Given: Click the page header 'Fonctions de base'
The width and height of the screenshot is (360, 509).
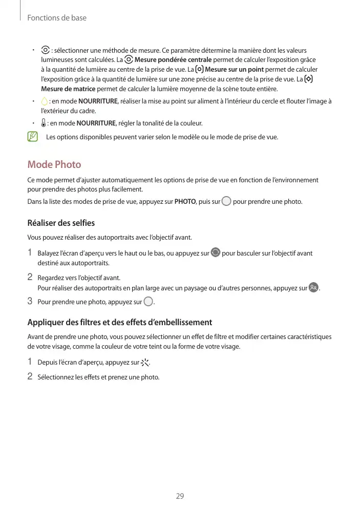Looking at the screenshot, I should point(57,18).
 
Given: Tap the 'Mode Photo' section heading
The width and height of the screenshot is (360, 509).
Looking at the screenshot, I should point(54,164).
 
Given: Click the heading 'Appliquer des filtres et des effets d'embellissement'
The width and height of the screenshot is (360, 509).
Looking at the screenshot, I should point(119,322).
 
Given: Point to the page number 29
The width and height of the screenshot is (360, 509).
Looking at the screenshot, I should point(180,496).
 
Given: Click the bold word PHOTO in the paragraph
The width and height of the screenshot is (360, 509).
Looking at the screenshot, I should point(185,201).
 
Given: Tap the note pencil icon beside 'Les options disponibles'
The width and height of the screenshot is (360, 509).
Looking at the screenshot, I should point(33,137).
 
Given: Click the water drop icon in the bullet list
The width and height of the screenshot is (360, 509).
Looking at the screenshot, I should point(44,101).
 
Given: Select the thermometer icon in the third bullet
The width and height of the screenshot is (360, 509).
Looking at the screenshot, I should point(44,123).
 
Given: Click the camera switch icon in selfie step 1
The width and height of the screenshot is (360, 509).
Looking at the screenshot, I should point(216,252).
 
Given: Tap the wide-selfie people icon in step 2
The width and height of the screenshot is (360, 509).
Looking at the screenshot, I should point(313,288).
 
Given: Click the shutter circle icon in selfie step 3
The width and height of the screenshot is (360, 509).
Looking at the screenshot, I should point(148,302).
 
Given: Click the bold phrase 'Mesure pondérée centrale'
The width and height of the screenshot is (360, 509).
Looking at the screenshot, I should point(173,59).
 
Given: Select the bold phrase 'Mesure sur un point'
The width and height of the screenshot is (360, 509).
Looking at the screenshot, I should point(234,69).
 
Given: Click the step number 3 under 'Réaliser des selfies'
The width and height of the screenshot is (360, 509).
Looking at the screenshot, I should point(30,301).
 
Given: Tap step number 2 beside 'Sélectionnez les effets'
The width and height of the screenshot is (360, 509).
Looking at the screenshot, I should point(30,377).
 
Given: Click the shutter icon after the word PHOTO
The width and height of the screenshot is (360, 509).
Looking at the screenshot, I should point(226,201).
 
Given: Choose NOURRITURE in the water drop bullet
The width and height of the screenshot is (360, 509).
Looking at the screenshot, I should point(98,101).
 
